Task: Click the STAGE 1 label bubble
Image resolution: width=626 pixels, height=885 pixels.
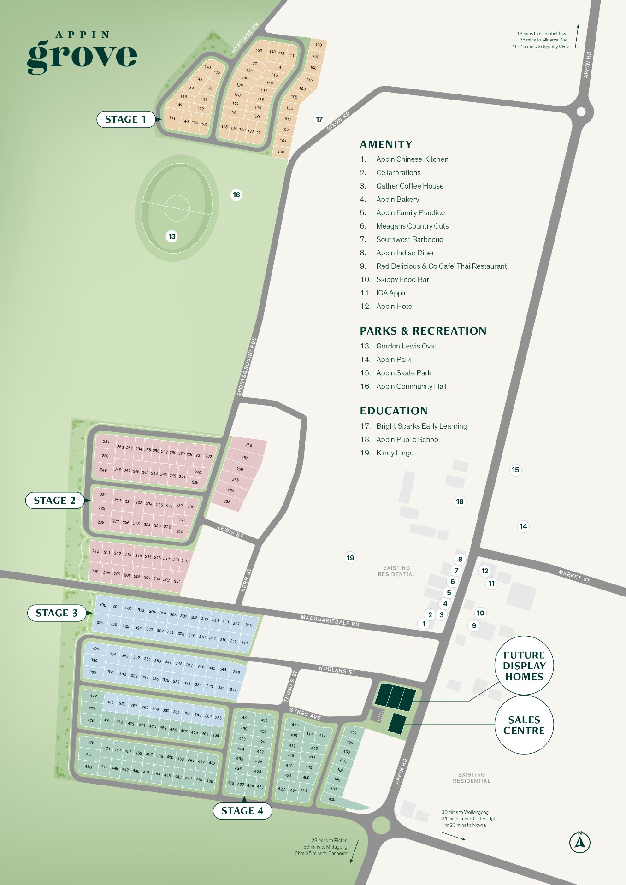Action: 125,119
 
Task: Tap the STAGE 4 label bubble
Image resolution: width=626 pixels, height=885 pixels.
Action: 242,811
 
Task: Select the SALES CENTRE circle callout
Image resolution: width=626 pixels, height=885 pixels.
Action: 524,725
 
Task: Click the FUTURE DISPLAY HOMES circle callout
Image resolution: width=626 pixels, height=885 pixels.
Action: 524,666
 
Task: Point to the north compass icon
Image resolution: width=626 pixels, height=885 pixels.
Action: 580,842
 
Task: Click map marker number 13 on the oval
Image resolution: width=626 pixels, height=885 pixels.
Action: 172,236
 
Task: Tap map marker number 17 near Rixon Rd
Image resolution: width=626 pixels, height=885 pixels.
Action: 319,119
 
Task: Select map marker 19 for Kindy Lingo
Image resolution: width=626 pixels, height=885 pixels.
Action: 350,558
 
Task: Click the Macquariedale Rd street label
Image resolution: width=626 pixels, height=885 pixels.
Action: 330,620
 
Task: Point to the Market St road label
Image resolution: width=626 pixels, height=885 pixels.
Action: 574,576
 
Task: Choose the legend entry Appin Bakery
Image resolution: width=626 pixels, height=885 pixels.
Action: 397,199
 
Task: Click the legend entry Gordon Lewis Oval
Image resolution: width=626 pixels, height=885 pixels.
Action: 406,346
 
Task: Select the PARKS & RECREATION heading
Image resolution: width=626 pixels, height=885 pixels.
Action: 423,331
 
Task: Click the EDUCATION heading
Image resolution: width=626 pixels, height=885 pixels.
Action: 394,411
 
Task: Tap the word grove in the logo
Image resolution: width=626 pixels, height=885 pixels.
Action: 82,56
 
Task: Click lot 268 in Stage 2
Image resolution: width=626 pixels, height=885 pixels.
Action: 248,445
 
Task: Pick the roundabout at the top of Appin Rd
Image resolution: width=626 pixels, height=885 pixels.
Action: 581,112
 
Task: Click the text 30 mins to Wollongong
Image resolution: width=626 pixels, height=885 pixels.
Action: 465,812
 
